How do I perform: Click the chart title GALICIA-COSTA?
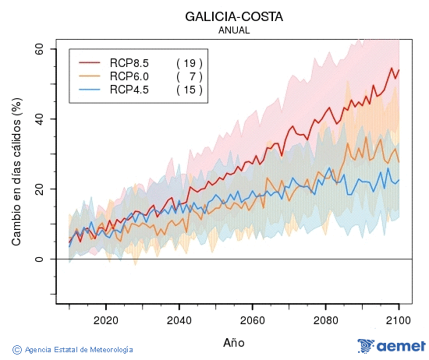click(234, 16)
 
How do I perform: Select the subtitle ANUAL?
click(234, 30)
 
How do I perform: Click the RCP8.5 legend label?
click(129, 63)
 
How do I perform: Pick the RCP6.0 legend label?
click(129, 76)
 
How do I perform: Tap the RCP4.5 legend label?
click(129, 90)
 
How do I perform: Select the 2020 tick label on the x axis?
click(105, 319)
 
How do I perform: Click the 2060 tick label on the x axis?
click(253, 319)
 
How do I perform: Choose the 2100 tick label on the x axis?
click(399, 319)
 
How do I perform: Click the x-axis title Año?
click(234, 342)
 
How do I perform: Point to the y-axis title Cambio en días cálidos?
click(16, 171)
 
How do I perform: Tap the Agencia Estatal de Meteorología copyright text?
click(73, 350)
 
